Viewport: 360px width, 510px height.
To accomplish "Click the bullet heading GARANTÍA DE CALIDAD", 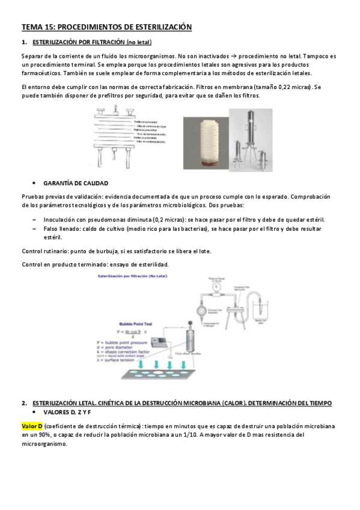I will (76, 182).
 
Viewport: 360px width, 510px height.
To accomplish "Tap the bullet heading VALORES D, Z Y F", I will (67, 413).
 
